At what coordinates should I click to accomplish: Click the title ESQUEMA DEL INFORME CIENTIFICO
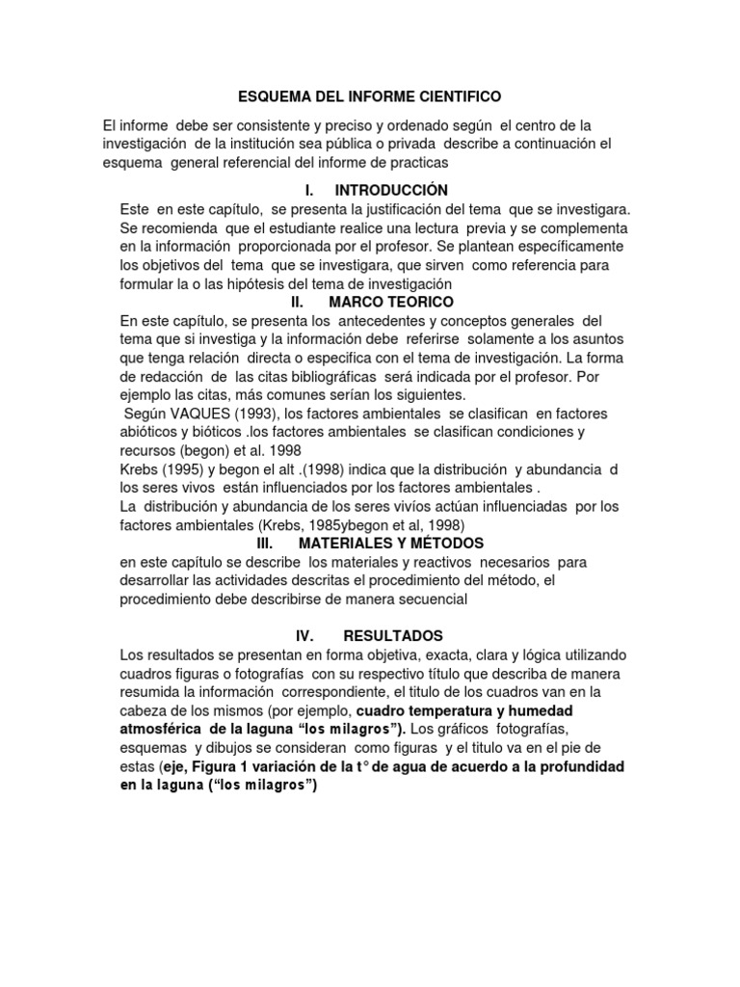tap(370, 96)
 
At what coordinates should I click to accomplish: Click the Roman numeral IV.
tap(305, 636)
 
